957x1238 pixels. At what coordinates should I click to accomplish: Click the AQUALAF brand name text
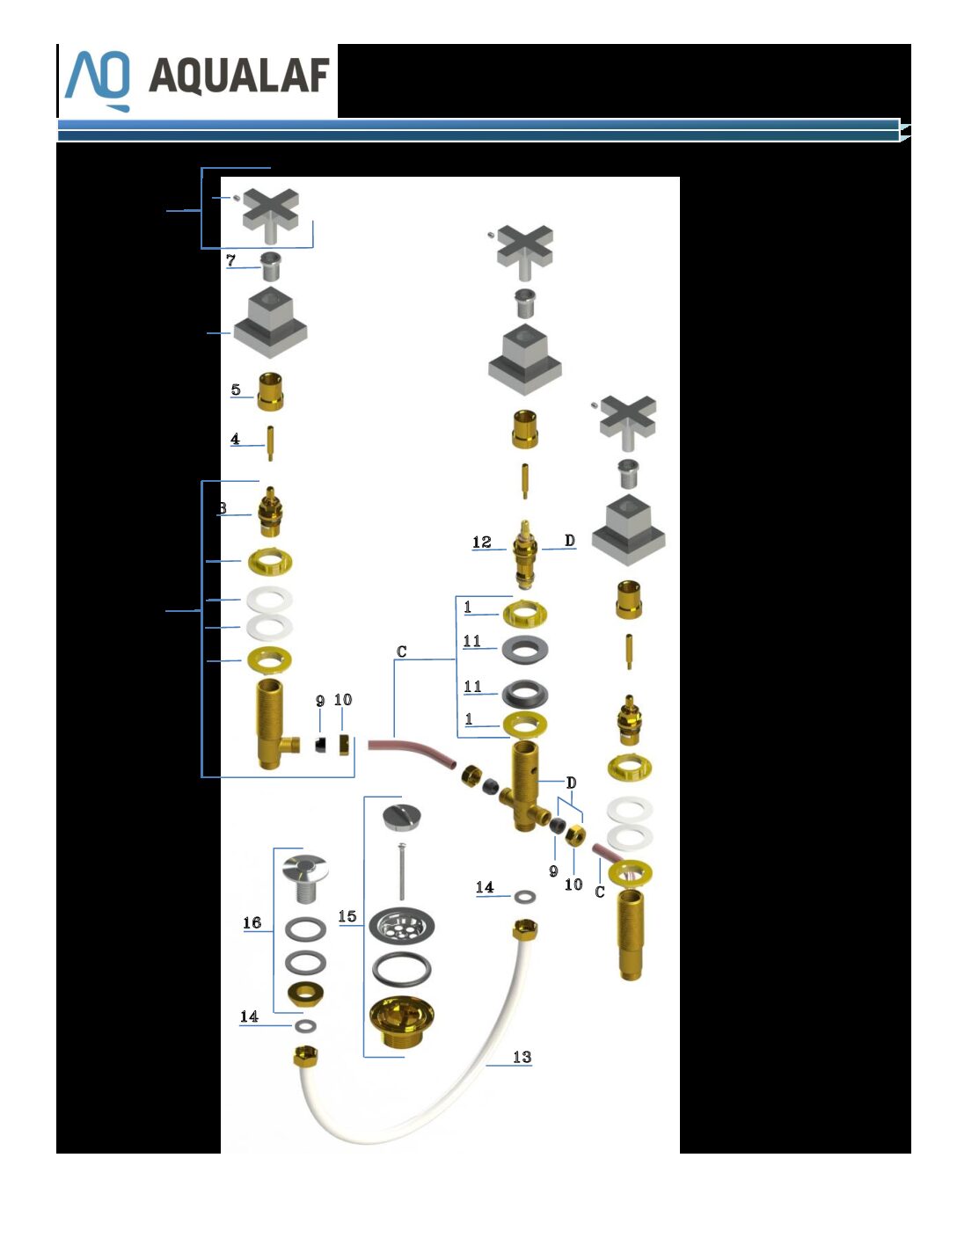click(x=239, y=76)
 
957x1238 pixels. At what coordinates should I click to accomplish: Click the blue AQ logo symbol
click(x=98, y=81)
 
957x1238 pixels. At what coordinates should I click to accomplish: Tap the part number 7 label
click(x=230, y=260)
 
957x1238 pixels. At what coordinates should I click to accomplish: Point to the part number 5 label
click(x=236, y=390)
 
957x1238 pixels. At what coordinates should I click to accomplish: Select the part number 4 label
click(x=235, y=439)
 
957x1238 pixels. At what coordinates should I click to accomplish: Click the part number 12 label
click(x=482, y=542)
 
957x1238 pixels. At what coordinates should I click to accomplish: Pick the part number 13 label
click(x=522, y=1057)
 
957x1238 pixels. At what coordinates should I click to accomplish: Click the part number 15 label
click(x=347, y=916)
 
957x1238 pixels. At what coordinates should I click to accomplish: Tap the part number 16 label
click(x=252, y=922)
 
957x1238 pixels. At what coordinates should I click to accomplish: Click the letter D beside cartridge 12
click(x=569, y=540)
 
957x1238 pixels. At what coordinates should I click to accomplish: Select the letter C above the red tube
click(x=401, y=652)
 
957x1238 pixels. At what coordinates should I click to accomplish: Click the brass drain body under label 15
click(x=402, y=1022)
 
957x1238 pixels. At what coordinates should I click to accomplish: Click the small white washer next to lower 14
click(x=306, y=1025)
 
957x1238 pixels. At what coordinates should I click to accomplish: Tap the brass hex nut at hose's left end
click(x=305, y=1056)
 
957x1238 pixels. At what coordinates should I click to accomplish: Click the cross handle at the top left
click(x=270, y=216)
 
